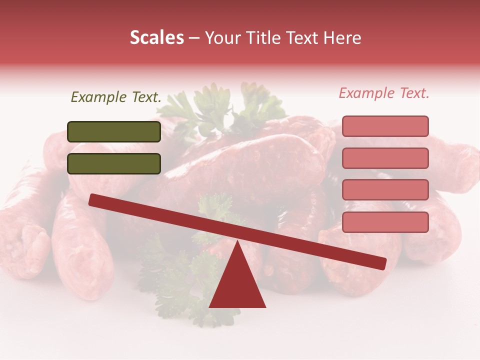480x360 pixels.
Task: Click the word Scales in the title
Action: pyautogui.click(x=156, y=37)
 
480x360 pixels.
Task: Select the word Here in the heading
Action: pyautogui.click(x=343, y=37)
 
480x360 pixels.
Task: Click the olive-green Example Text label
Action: pyautogui.click(x=116, y=97)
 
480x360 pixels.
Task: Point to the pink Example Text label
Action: pyautogui.click(x=384, y=93)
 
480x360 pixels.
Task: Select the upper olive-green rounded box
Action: pyautogui.click(x=114, y=131)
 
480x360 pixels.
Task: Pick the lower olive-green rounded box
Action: pyautogui.click(x=114, y=163)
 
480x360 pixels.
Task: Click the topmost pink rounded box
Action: pyautogui.click(x=385, y=126)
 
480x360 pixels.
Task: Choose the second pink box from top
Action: pyautogui.click(x=385, y=158)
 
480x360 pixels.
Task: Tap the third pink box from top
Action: pyautogui.click(x=385, y=190)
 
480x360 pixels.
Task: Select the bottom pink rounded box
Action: pyautogui.click(x=385, y=222)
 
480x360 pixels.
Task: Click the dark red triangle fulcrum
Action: pyautogui.click(x=237, y=285)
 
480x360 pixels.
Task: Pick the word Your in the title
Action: pyautogui.click(x=221, y=37)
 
